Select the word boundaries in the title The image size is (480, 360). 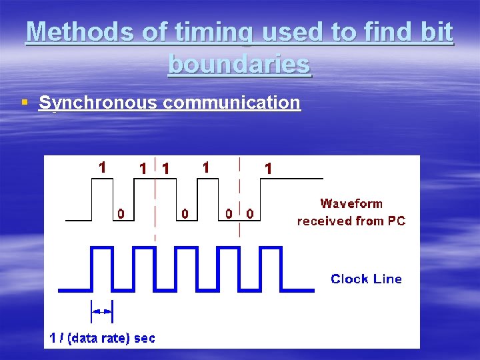239,64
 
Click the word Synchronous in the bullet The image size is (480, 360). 97,103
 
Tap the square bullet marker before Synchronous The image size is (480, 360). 25,103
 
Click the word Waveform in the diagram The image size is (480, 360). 351,203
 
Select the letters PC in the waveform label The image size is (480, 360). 396,220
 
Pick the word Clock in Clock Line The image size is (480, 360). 351,279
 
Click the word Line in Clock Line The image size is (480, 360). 387,279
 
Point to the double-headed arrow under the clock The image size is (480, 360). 102,311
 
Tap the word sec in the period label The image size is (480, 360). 145,338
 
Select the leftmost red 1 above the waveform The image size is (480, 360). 102,167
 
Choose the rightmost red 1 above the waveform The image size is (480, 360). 268,169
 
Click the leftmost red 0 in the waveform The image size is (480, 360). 121,213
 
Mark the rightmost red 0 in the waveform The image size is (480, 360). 249,213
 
